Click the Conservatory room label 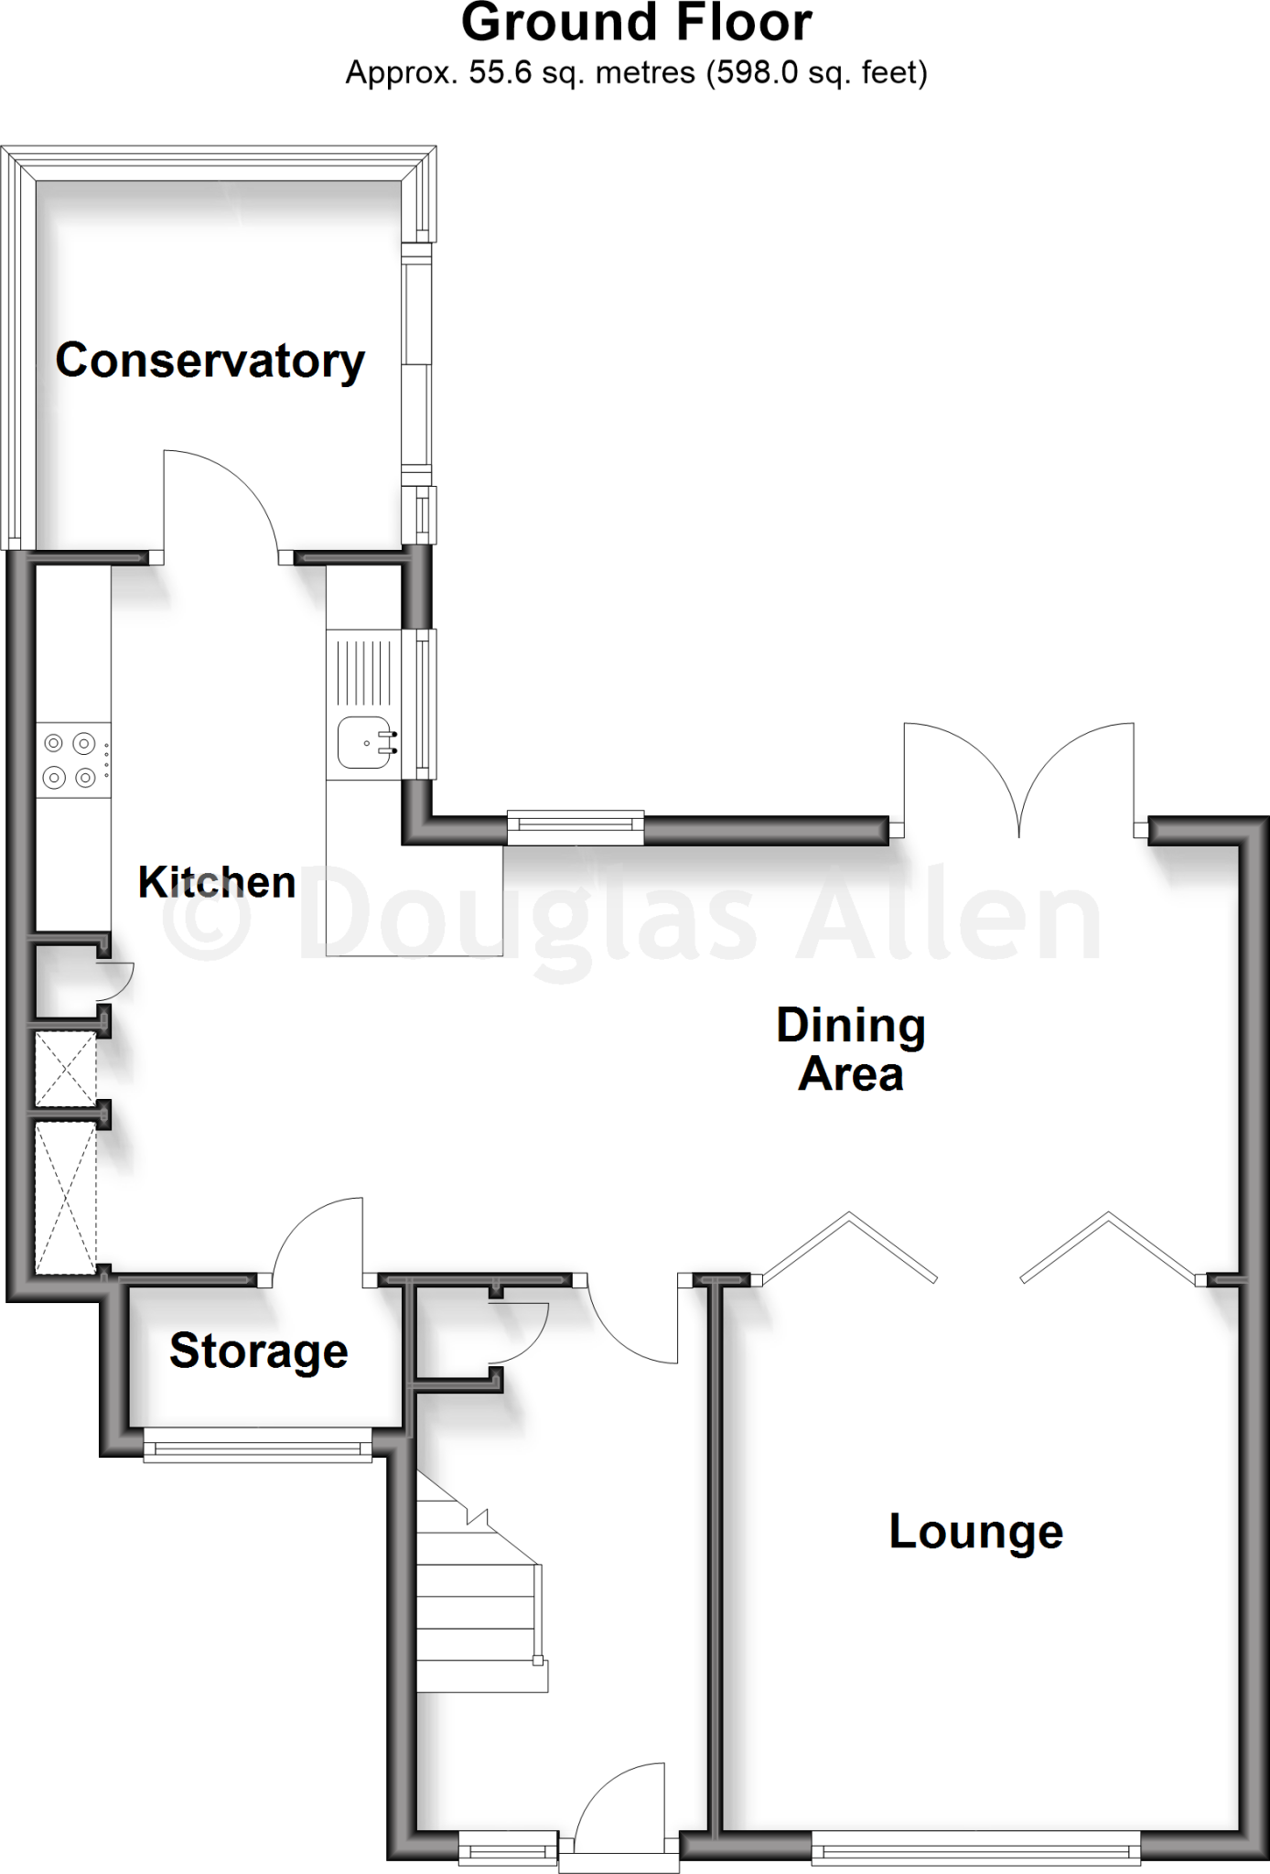210,361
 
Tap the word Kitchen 217,883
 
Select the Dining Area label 851,1050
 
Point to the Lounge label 975,1532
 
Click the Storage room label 259,1351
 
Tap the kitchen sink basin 363,742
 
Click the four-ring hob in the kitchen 71,760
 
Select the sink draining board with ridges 364,668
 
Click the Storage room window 259,1449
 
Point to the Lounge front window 975,1852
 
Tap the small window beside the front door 508,1852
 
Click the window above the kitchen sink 423,703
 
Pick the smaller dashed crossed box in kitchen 66,1068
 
